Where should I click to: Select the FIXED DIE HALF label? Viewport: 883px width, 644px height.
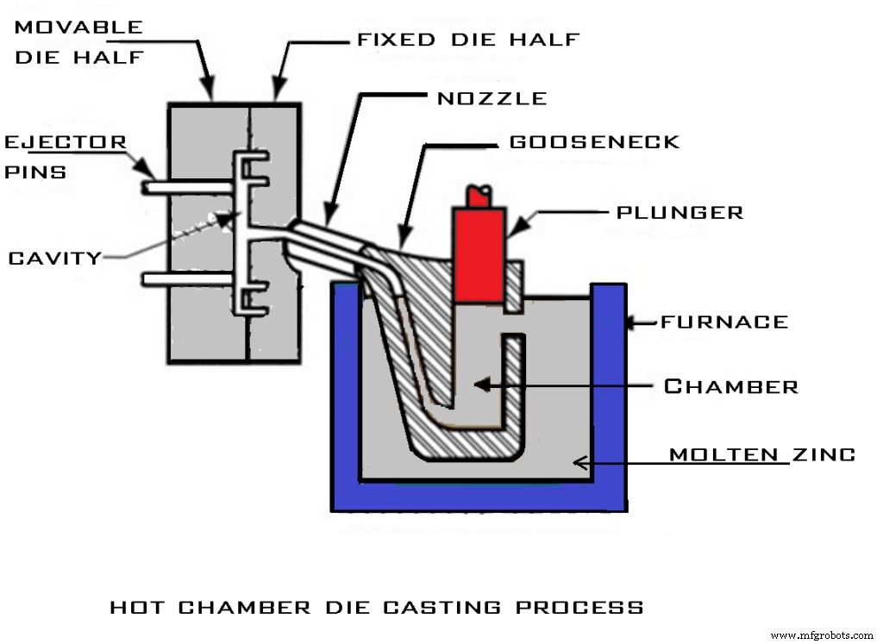pyautogui.click(x=467, y=40)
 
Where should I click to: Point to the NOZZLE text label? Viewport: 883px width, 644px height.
pyautogui.click(x=492, y=97)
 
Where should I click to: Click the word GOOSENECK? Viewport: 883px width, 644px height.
pyautogui.click(x=595, y=141)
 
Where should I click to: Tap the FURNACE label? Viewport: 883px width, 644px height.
pyautogui.click(x=724, y=322)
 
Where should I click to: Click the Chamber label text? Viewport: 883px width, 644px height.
pyautogui.click(x=731, y=385)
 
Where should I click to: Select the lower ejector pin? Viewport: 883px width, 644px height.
pyautogui.click(x=189, y=278)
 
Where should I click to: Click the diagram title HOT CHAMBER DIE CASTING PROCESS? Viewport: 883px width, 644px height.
pyautogui.click(x=377, y=607)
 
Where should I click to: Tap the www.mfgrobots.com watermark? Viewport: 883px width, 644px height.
pyautogui.click(x=821, y=635)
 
